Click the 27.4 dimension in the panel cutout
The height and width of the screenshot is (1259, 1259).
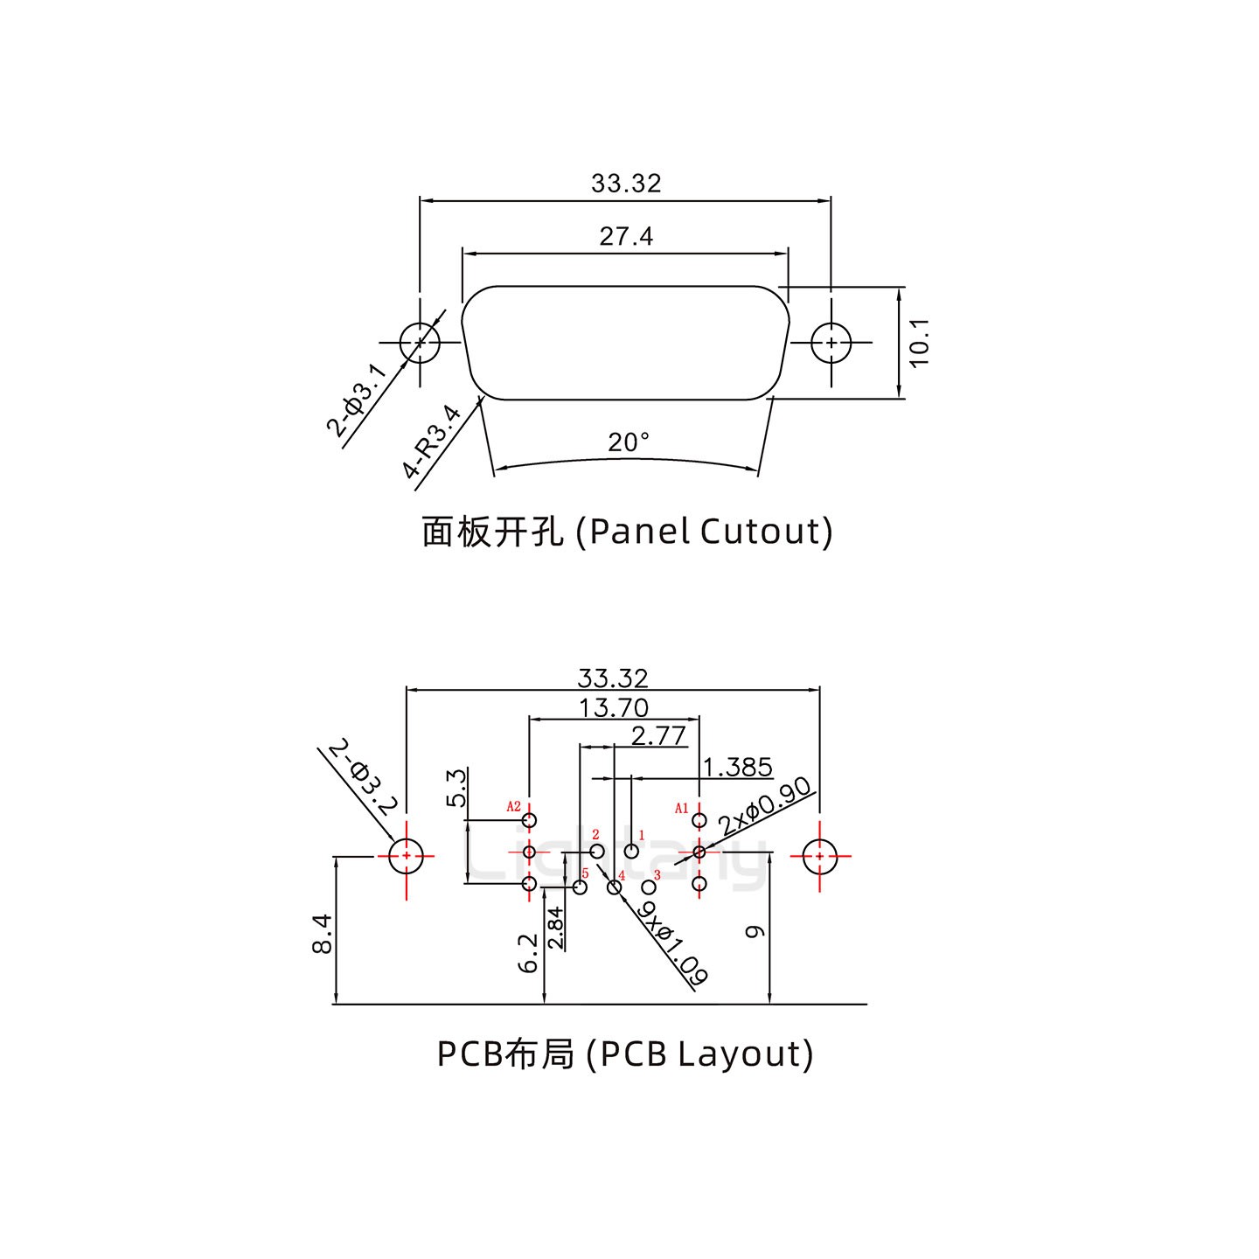click(626, 237)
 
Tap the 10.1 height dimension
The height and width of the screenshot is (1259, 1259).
click(920, 343)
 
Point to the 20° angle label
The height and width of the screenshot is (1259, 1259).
click(629, 443)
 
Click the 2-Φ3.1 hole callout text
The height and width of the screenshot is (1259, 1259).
click(356, 400)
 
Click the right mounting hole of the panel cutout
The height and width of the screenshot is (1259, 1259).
click(831, 343)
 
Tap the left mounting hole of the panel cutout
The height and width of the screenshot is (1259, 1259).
click(420, 343)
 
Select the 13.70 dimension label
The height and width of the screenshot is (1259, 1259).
click(614, 707)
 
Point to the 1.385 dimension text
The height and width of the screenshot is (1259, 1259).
click(738, 768)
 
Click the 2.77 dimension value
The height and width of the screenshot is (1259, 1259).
click(658, 736)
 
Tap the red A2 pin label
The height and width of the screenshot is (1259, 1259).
click(514, 807)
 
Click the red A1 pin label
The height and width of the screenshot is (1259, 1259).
click(682, 809)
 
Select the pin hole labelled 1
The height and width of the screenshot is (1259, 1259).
click(631, 851)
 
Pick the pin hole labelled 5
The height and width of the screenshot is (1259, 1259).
click(580, 887)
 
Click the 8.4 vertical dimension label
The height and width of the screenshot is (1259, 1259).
click(321, 933)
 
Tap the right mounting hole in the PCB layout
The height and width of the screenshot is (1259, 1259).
click(819, 857)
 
